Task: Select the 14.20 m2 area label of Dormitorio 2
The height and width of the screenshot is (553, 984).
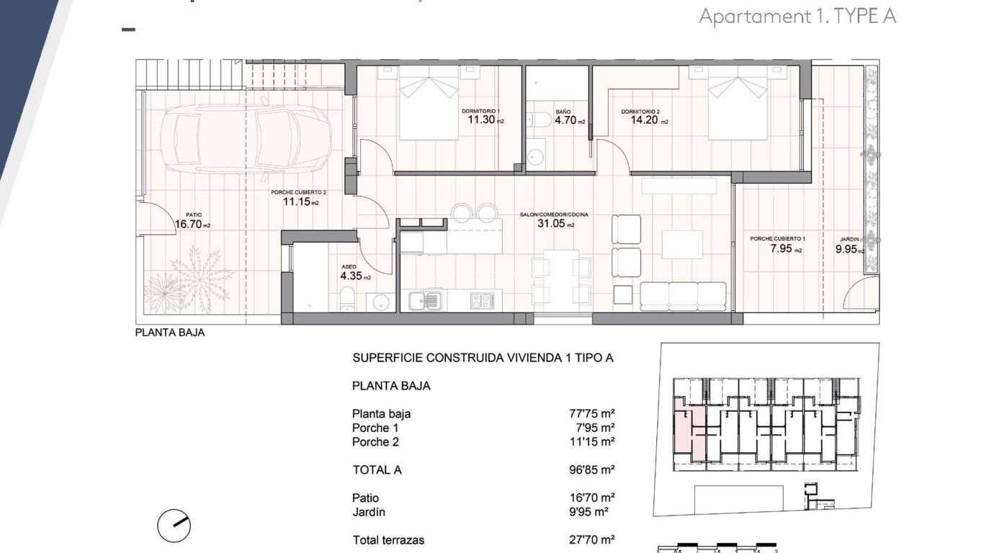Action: click(644, 120)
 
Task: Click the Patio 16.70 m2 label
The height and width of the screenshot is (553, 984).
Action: click(192, 223)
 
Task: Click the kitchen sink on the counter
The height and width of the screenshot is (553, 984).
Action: click(426, 300)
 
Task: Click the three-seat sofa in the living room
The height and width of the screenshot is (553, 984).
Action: click(683, 295)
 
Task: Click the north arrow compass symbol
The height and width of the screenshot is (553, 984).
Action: click(174, 526)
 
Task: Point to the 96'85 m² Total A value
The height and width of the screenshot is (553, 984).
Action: click(591, 470)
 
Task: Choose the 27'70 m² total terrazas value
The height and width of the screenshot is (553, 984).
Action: click(591, 540)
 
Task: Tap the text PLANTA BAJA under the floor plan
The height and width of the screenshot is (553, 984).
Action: click(170, 333)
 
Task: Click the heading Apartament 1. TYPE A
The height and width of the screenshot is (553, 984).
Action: click(797, 17)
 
